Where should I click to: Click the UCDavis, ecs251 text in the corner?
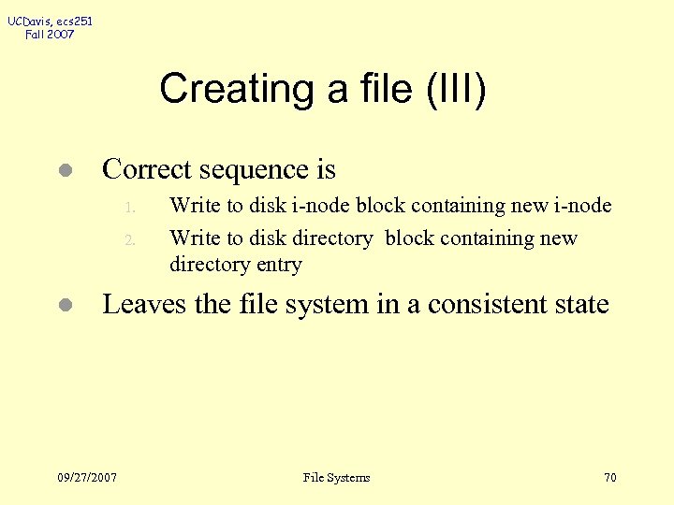point(51,21)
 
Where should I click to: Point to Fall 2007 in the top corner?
point(51,35)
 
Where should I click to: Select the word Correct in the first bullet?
point(139,169)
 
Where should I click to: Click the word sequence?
point(248,169)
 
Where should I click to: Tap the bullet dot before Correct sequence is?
point(64,171)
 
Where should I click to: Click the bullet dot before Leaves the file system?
point(64,306)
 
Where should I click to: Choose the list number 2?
point(132,240)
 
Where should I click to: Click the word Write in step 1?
point(192,206)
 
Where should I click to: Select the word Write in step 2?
point(192,238)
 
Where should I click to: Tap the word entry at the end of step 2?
point(280,266)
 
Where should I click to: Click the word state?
point(580,304)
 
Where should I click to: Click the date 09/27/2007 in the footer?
point(87,478)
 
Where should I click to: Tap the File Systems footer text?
point(337,478)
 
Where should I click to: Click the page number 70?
point(610,478)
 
